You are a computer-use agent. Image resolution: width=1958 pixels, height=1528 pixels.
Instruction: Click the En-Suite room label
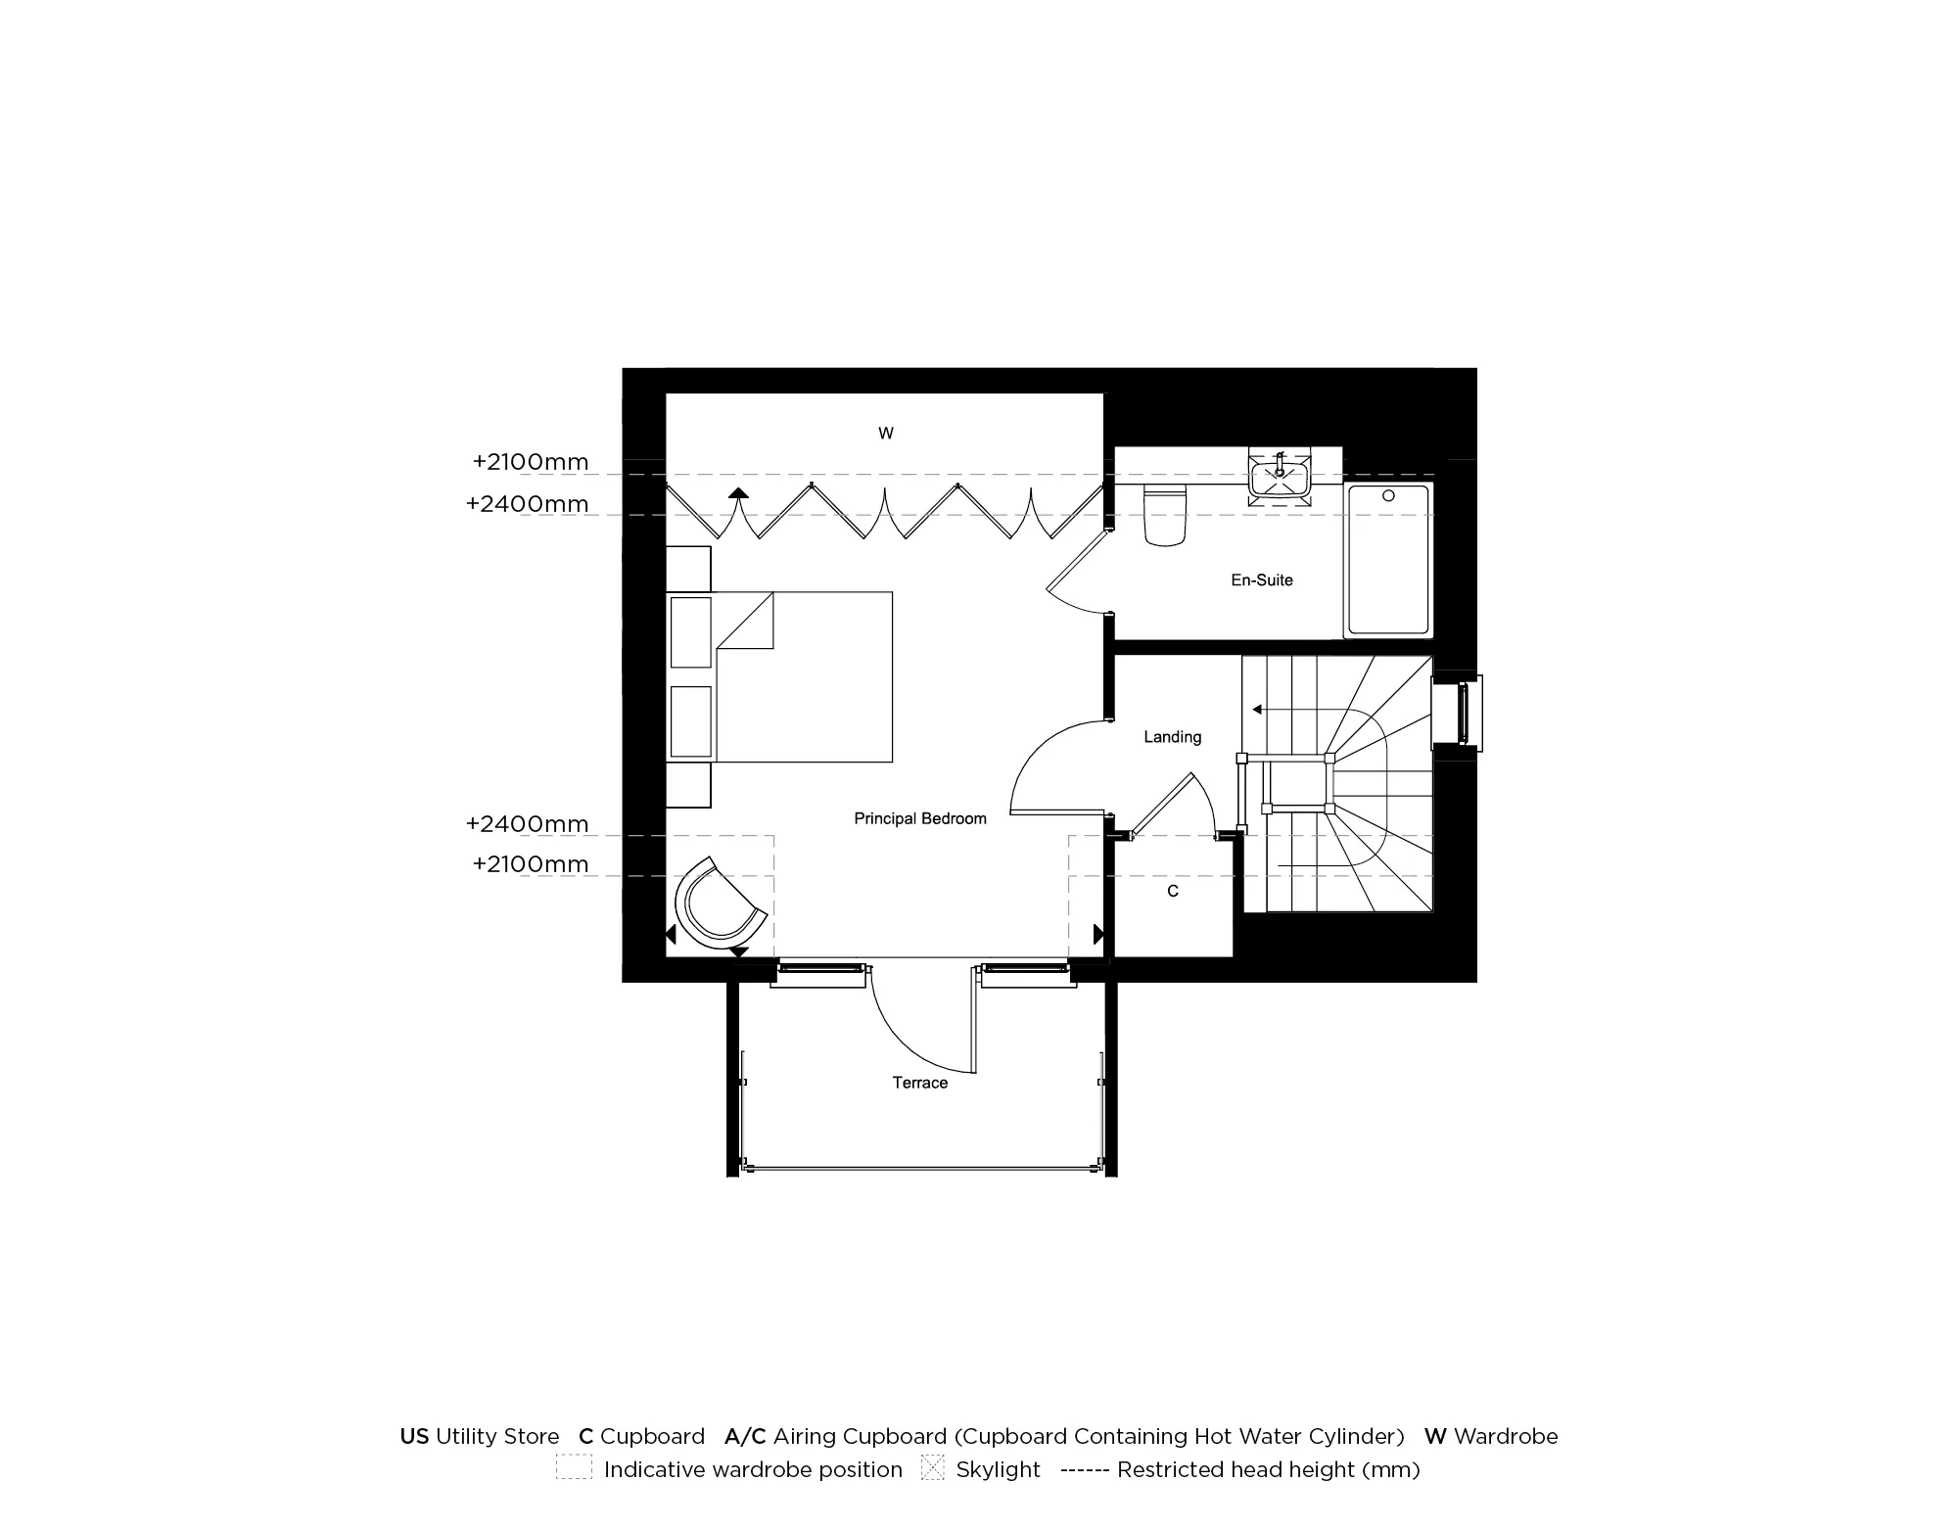(1261, 580)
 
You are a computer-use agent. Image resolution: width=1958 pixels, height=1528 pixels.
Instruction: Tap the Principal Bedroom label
(919, 818)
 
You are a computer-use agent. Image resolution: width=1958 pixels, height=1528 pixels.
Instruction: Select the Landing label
(1172, 737)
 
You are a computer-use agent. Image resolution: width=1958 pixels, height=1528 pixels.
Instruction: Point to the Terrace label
(919, 1083)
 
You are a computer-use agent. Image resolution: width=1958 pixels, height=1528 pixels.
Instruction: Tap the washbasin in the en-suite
(1279, 477)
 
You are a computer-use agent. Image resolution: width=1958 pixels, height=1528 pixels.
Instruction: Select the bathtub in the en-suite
(1388, 561)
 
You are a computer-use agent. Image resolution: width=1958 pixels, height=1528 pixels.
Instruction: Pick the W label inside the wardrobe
(885, 434)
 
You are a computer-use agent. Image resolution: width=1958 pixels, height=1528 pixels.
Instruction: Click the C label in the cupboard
(1173, 892)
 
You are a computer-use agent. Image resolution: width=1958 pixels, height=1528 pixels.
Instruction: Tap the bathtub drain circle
(1388, 496)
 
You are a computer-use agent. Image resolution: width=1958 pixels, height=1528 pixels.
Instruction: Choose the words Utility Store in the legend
(497, 1437)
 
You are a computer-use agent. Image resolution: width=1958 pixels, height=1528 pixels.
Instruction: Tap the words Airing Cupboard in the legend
(860, 1437)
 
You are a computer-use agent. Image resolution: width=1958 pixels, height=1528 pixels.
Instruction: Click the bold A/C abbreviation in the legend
(745, 1437)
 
